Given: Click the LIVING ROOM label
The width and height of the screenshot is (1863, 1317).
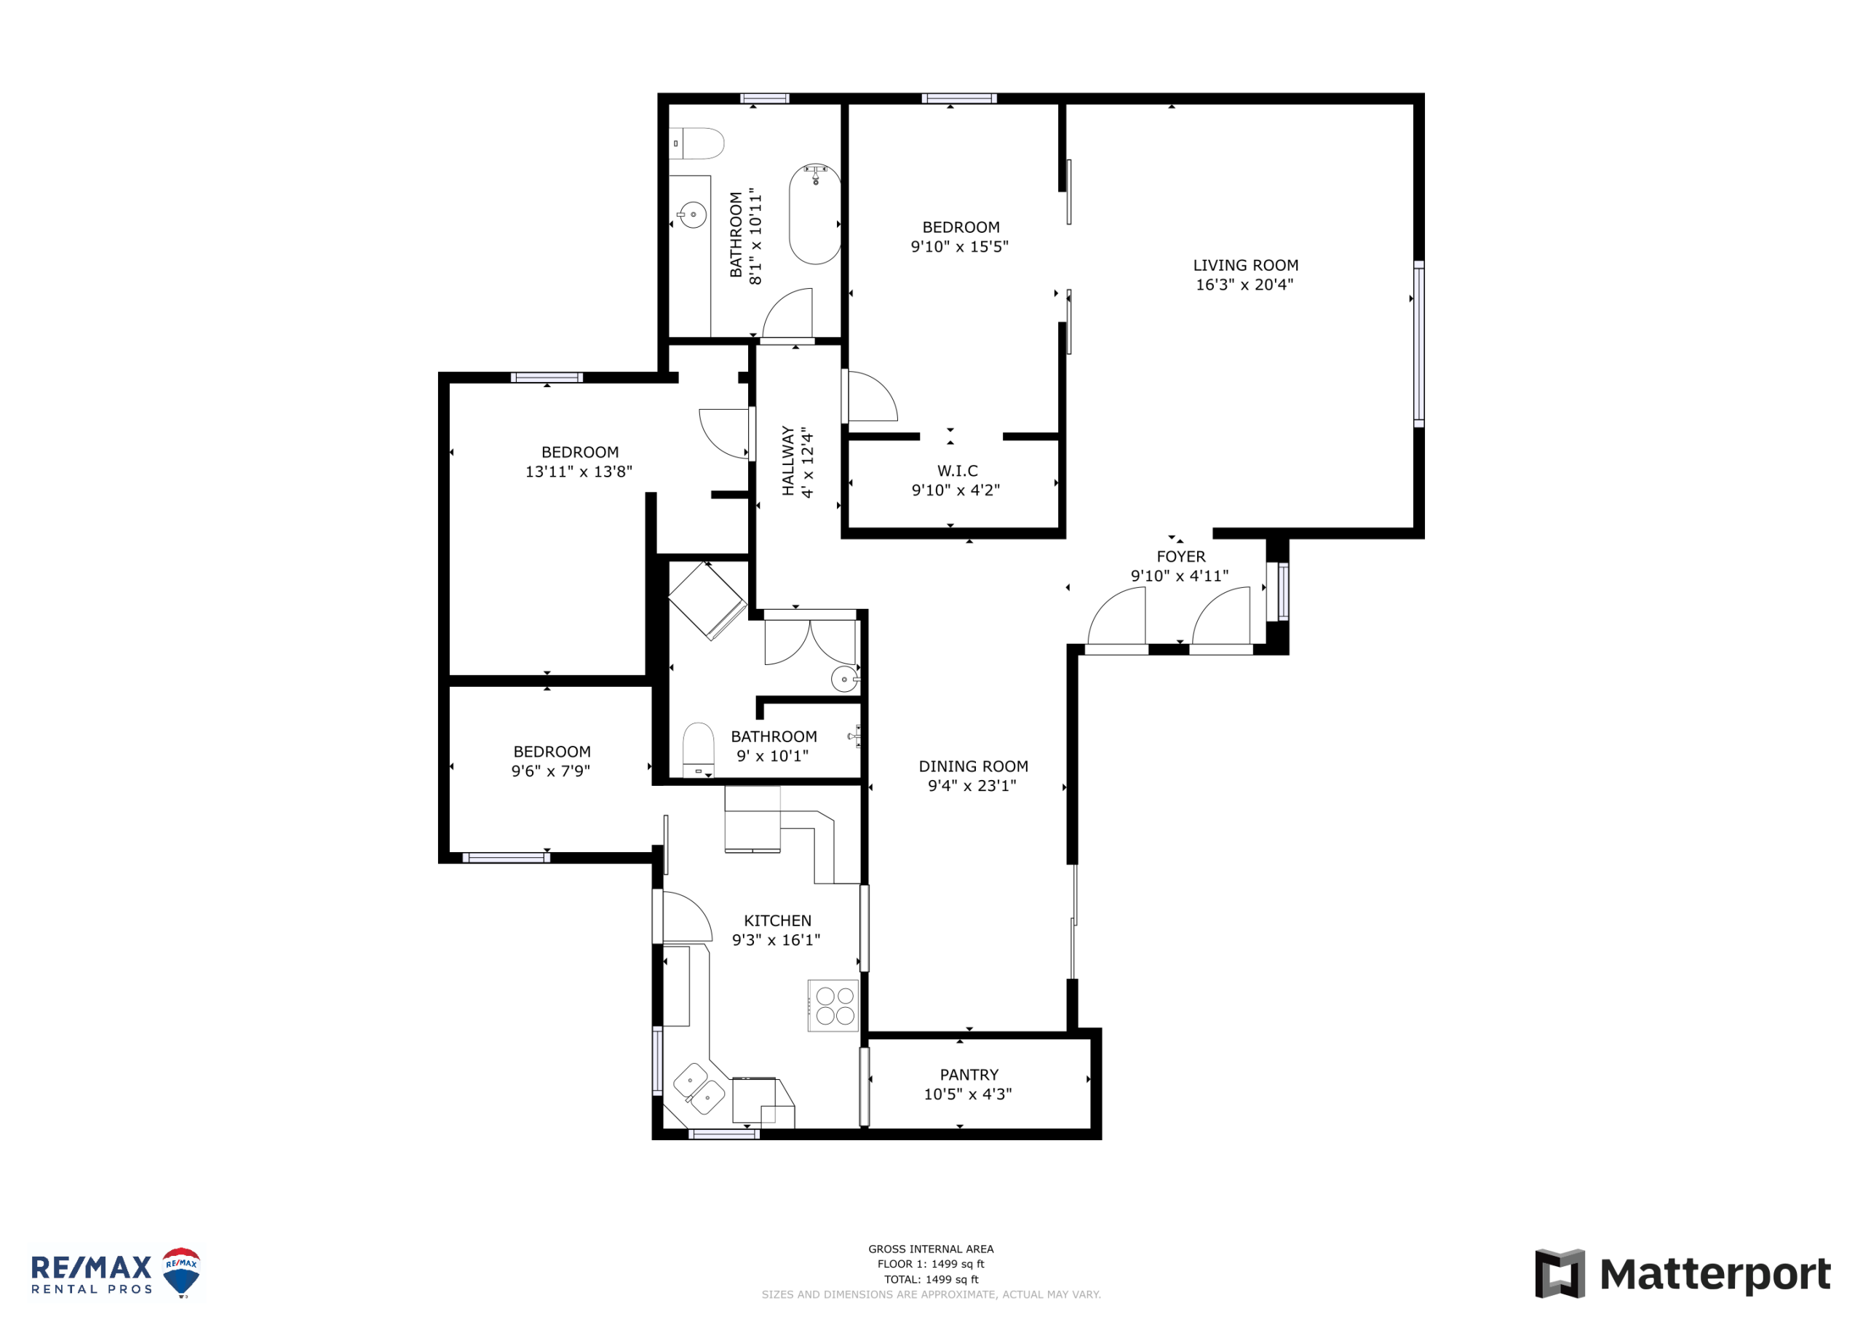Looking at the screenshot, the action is point(1245,266).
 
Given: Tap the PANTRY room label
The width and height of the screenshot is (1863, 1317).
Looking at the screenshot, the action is point(969,1075).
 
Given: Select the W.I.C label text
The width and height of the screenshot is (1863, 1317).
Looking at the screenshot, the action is point(958,471).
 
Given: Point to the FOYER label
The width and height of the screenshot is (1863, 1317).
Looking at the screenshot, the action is point(1180,557).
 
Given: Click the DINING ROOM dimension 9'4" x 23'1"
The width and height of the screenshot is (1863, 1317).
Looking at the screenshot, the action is point(972,786).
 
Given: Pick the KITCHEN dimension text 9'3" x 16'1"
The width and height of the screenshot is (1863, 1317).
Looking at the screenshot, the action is point(776,939).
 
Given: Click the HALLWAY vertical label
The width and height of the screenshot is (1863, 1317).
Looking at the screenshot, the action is point(788,461).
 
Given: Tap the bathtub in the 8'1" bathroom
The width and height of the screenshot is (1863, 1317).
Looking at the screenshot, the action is point(814,213).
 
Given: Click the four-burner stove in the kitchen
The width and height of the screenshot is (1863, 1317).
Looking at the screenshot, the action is point(833,1006).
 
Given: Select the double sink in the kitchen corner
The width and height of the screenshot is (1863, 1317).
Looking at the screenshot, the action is point(699,1089).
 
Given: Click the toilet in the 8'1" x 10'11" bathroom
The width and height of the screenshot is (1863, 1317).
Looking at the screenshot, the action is point(697,143).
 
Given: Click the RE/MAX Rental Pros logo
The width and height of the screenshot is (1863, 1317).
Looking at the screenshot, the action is point(115,1273).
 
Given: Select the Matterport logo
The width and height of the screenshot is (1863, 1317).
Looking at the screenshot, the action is point(1683,1273).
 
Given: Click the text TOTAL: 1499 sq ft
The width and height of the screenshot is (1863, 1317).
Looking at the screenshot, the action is point(931,1280).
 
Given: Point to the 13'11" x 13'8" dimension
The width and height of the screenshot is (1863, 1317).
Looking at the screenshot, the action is point(579,472).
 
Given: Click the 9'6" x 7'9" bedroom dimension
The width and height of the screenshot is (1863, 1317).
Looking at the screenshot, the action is point(551,771).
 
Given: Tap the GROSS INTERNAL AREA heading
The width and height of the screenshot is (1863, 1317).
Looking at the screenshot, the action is point(931,1249).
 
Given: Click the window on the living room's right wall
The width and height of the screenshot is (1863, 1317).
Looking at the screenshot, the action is point(1419,344).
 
